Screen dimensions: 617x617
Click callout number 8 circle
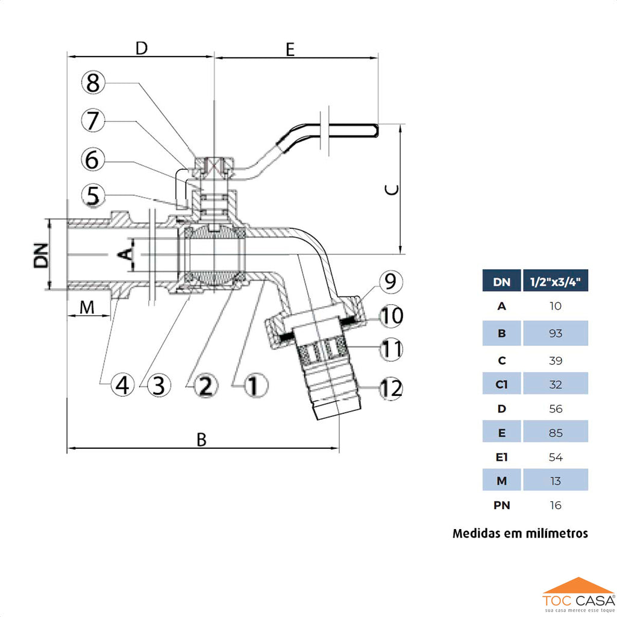coord(93,83)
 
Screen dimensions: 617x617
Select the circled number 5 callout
coord(93,196)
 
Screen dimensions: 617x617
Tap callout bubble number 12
coord(391,389)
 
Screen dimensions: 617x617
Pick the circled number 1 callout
coord(254,384)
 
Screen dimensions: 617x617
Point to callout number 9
coord(390,281)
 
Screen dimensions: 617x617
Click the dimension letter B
coord(202,440)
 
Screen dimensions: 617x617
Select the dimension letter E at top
coord(290,49)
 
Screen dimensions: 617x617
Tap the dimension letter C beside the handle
coord(392,190)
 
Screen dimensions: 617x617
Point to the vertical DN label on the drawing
coord(41,255)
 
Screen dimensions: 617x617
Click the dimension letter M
coord(88,307)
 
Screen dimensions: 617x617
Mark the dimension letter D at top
coord(141,48)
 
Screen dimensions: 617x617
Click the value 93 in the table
coord(555,333)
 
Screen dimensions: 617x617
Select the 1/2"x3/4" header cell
coord(555,281)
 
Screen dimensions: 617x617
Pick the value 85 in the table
coord(555,433)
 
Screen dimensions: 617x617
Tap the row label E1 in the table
coord(501,457)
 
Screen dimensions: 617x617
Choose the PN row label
coord(501,506)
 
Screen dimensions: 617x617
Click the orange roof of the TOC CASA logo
coord(578,585)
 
